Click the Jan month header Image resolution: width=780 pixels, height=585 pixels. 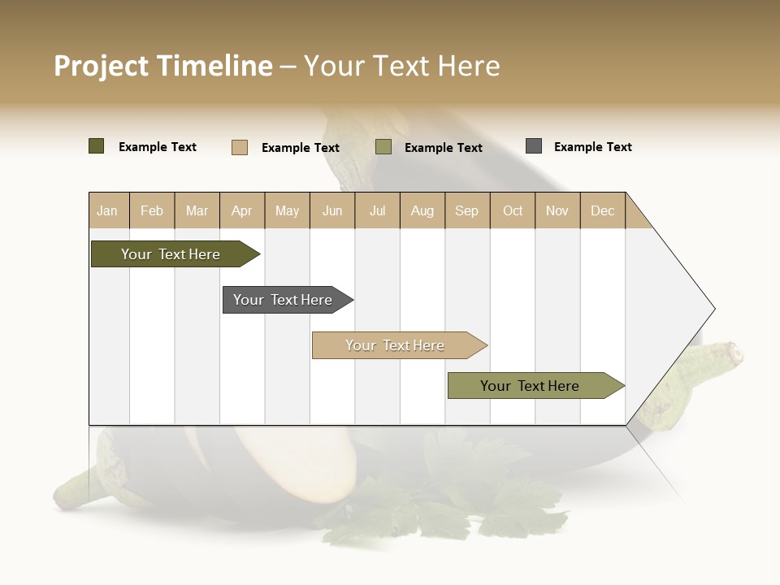(x=108, y=210)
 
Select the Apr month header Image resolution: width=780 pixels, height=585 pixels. (x=242, y=210)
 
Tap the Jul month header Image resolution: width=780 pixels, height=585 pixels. (x=377, y=210)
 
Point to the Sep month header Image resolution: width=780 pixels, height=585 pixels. (x=466, y=210)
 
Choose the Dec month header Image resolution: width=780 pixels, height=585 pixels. (x=602, y=210)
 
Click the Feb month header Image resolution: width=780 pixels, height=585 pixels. (x=152, y=210)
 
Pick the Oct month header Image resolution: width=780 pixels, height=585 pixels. (x=513, y=210)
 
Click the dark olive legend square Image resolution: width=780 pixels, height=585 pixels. (x=96, y=146)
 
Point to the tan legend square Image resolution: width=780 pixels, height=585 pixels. (x=239, y=147)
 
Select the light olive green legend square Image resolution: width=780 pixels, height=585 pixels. (x=383, y=147)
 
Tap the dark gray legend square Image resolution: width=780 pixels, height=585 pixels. (x=534, y=146)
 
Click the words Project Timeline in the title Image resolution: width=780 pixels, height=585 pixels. (x=162, y=66)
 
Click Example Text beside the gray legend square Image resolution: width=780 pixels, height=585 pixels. (x=592, y=147)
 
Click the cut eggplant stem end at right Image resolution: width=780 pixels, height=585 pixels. (x=734, y=352)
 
